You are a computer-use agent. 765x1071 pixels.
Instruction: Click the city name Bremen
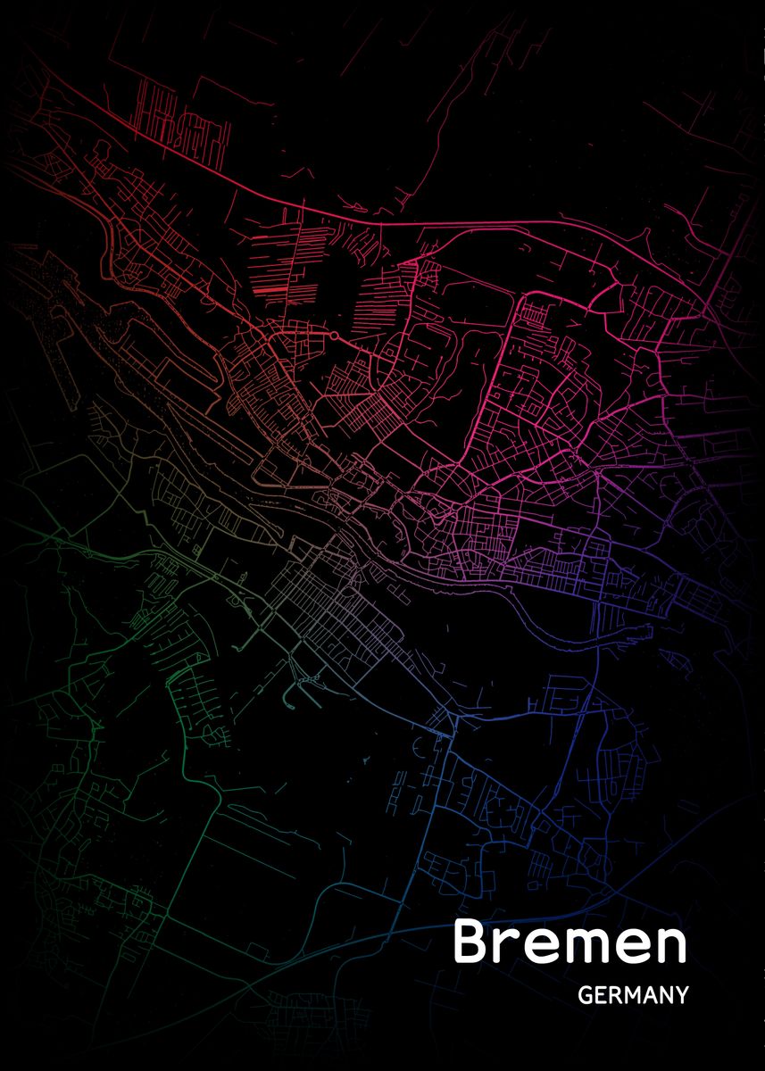[570, 942]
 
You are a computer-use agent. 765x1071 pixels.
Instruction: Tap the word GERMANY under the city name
[633, 995]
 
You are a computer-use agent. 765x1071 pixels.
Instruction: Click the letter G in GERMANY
[586, 995]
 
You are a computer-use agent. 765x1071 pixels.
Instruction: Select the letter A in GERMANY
[648, 995]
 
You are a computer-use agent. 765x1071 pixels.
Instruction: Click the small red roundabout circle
[333, 336]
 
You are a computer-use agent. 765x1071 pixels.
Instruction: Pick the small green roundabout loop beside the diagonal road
[218, 578]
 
